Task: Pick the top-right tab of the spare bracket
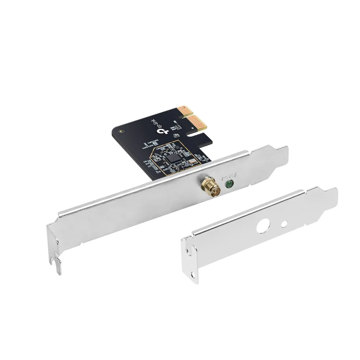click(328, 192)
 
